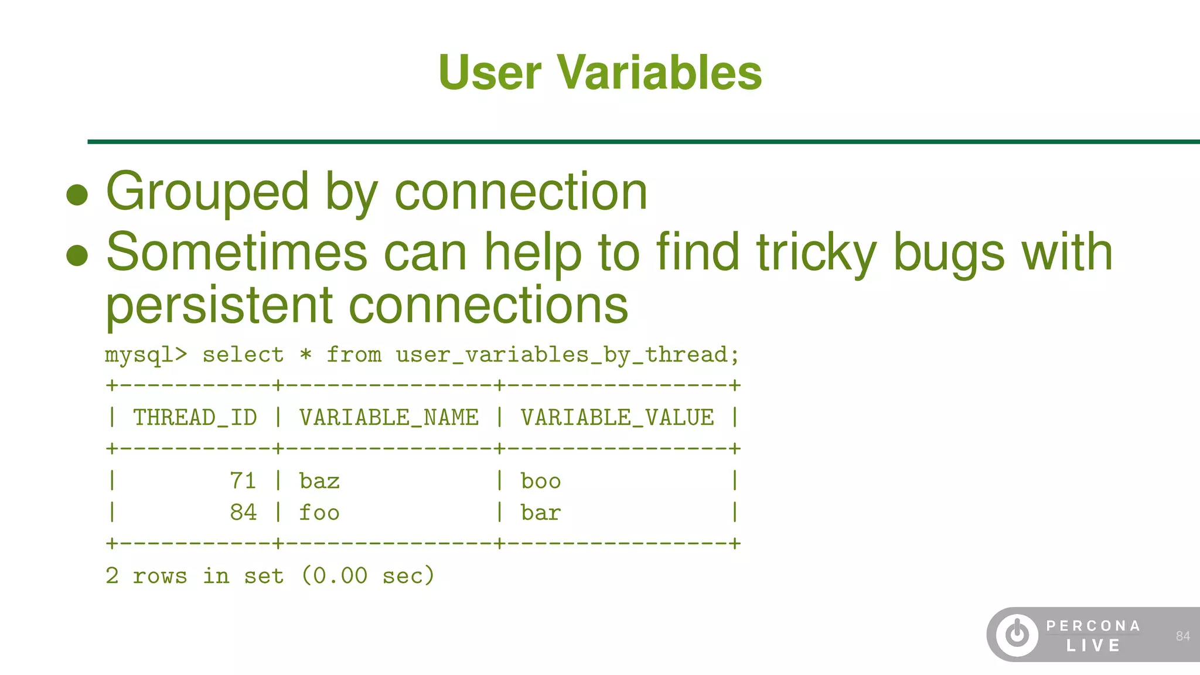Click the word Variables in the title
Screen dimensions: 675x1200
(659, 73)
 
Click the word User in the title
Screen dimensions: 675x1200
(490, 73)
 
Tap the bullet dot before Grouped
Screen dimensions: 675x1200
(77, 195)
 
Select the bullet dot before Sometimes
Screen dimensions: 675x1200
(77, 255)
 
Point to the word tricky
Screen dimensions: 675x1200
(816, 253)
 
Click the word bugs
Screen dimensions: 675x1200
(949, 253)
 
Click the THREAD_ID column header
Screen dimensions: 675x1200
(195, 418)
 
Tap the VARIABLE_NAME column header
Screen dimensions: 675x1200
(389, 418)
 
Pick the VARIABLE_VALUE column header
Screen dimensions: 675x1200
(617, 418)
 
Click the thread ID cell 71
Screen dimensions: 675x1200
(243, 481)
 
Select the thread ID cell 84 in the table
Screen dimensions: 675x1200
(243, 513)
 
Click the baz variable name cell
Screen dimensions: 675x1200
(319, 481)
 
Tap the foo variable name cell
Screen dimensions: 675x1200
(319, 513)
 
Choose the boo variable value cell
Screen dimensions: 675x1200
(541, 481)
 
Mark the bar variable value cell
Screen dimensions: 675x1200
(541, 513)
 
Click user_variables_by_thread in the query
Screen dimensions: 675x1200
(561, 355)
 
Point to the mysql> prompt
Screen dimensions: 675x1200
(146, 355)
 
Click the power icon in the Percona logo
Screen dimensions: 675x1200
(1017, 635)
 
